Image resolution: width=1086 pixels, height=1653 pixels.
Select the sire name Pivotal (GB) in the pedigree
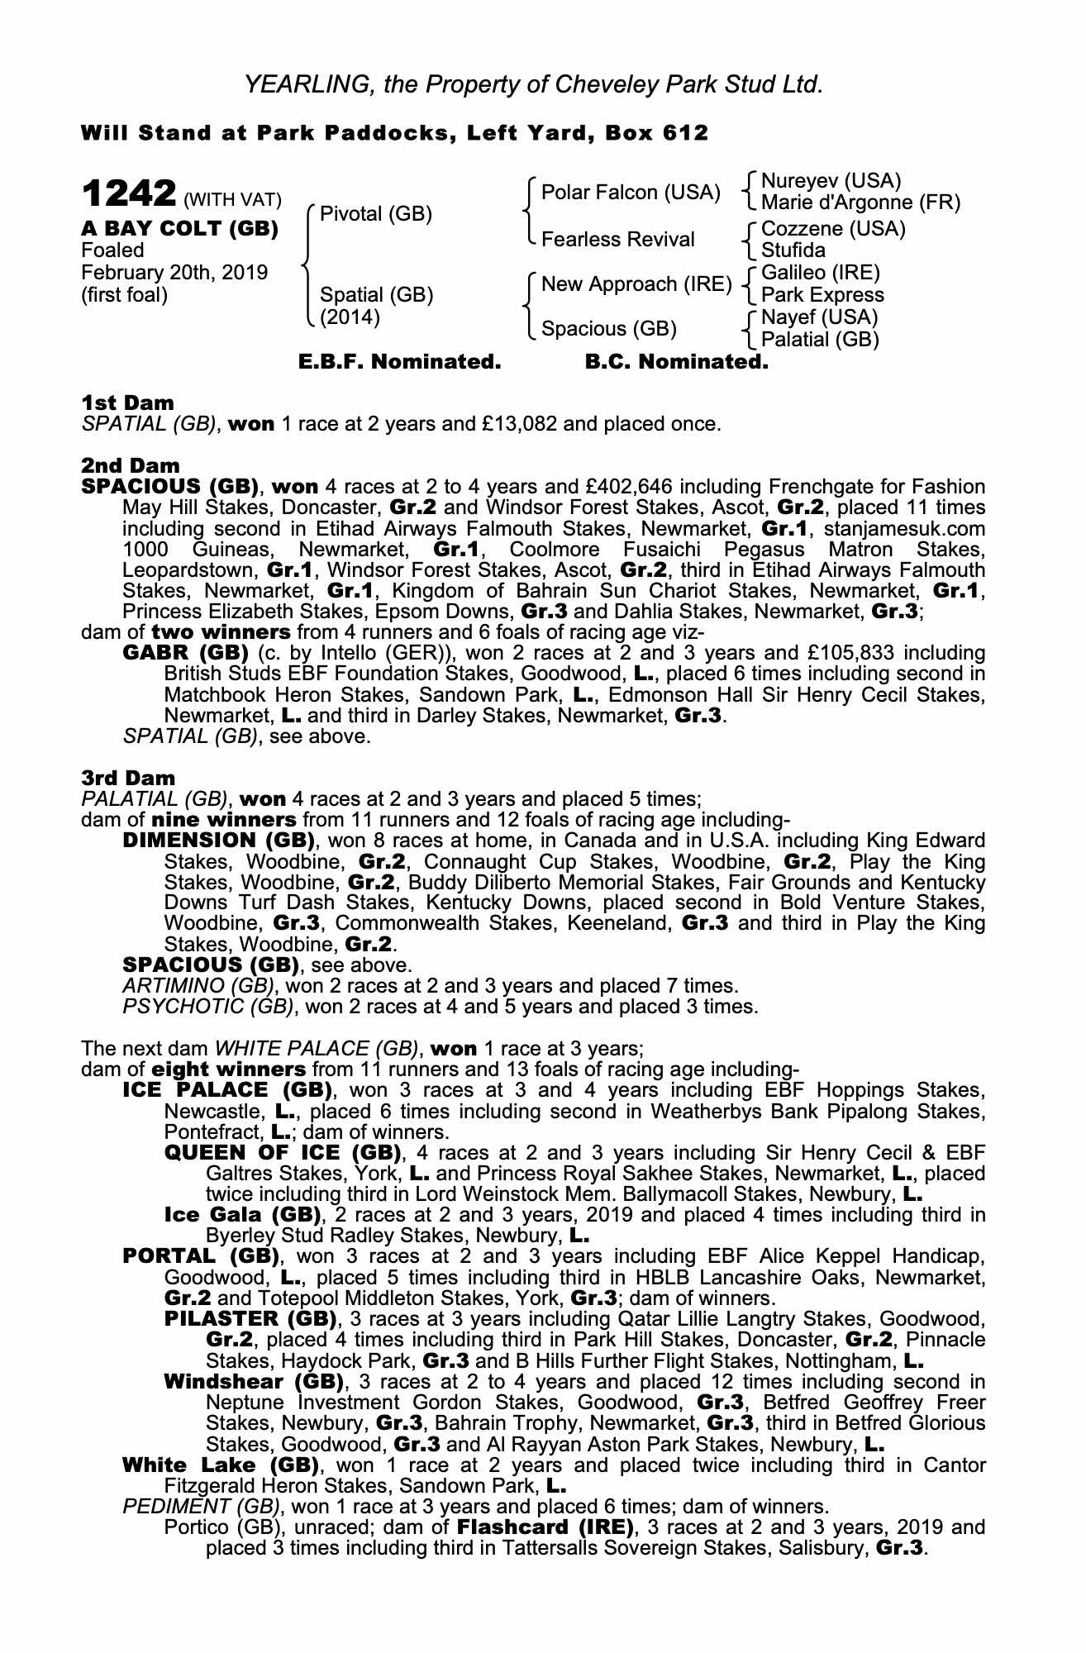(375, 214)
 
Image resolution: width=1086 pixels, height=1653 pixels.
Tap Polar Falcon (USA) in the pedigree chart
(631, 193)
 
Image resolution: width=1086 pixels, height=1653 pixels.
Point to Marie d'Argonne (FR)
(860, 202)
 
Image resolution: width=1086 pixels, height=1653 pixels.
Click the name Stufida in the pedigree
(793, 250)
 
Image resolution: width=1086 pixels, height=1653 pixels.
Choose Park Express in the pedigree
(822, 295)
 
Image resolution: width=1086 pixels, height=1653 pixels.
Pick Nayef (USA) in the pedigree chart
(819, 317)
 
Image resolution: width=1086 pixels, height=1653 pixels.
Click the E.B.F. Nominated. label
(399, 362)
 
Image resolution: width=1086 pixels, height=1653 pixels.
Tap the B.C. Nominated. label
(676, 362)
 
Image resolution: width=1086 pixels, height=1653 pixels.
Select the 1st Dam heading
(127, 403)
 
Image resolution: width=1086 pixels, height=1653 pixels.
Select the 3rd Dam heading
(128, 778)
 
